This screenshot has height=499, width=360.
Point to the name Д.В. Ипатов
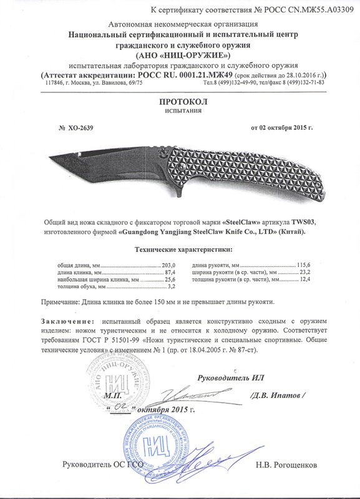(x=279, y=395)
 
